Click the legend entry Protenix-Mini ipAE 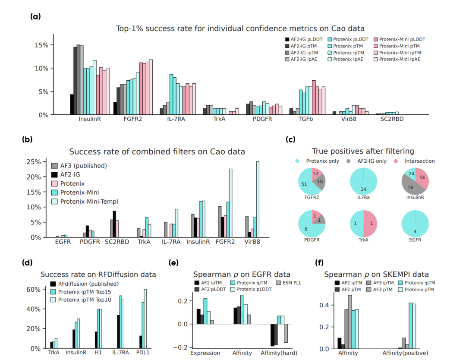pos(400,59)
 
